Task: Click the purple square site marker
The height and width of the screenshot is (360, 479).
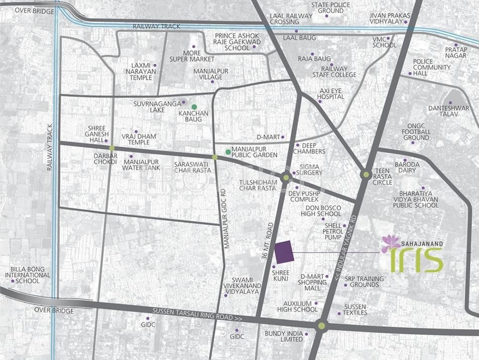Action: pos(284,252)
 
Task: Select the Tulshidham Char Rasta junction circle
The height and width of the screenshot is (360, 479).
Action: pos(286,177)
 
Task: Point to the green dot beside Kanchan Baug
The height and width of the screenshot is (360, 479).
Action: pos(187,107)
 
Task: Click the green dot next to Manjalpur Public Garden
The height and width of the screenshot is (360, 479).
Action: pos(228,151)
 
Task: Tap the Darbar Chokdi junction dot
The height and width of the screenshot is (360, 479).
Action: pos(112,148)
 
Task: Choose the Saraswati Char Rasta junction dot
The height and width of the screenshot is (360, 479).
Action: pos(215,158)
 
